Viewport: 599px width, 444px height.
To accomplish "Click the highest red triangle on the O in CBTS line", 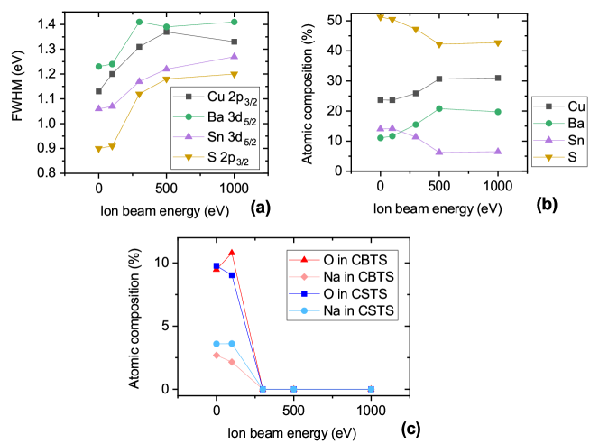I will pyautogui.click(x=232, y=253).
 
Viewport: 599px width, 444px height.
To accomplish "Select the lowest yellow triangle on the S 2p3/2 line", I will pyautogui.click(x=98, y=149).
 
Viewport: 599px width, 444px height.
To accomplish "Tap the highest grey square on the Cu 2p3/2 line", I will pyautogui.click(x=167, y=32).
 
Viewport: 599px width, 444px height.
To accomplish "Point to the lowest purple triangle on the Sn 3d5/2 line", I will pyautogui.click(x=98, y=108).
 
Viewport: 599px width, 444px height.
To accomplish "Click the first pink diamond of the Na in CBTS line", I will pyautogui.click(x=217, y=355).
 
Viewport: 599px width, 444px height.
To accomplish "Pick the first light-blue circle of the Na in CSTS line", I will pyautogui.click(x=217, y=344).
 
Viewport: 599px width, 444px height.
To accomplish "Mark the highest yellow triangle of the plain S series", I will pyautogui.click(x=380, y=17).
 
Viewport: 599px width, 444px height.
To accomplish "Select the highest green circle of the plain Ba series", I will pyautogui.click(x=439, y=108).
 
